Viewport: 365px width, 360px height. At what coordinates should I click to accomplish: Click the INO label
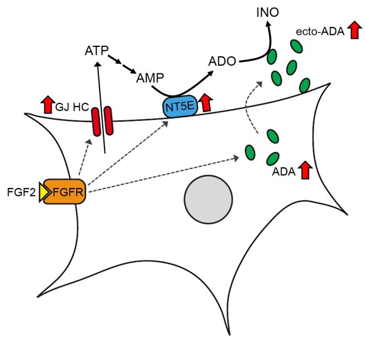[267, 13]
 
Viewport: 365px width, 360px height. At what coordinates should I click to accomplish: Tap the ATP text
[96, 51]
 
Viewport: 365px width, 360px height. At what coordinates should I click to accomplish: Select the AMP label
[150, 78]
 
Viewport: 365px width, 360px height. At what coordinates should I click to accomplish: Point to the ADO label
[222, 61]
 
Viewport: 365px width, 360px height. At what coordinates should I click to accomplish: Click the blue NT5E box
[180, 106]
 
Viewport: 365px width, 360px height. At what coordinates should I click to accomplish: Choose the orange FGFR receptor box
[64, 192]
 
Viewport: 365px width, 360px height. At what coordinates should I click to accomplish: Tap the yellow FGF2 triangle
[44, 192]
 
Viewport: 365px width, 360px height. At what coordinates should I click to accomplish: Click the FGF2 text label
[21, 193]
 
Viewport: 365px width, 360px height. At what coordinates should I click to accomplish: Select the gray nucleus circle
[208, 200]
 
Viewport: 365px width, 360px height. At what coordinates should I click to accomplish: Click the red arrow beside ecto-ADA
[354, 29]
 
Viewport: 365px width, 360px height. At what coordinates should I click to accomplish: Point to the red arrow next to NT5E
[206, 103]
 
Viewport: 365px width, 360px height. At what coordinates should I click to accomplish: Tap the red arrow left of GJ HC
[48, 105]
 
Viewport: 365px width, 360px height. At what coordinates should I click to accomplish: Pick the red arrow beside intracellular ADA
[306, 170]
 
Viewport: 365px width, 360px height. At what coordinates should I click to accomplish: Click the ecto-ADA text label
[320, 32]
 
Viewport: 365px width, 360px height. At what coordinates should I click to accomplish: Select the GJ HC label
[72, 107]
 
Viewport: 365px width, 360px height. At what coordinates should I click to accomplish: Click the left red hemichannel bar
[96, 121]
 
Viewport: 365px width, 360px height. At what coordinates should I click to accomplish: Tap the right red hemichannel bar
[108, 121]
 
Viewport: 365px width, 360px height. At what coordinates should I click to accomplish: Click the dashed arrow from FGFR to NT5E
[128, 153]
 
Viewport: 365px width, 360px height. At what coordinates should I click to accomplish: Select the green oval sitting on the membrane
[305, 85]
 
